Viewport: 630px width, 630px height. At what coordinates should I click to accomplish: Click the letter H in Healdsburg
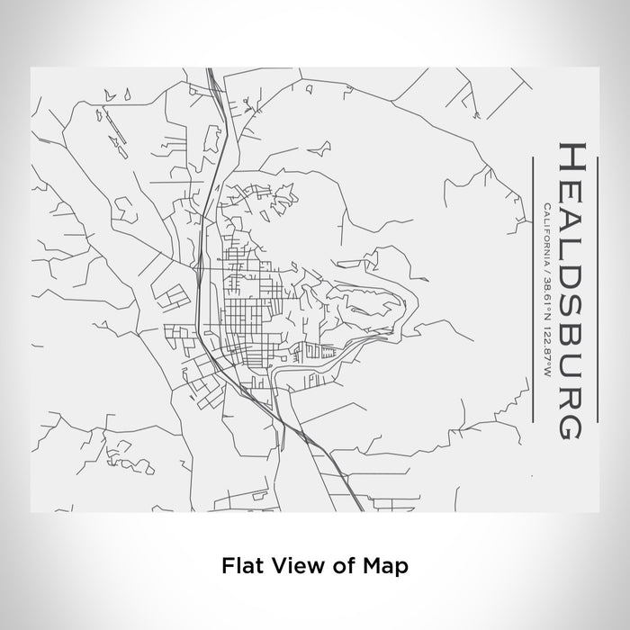point(575,157)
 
